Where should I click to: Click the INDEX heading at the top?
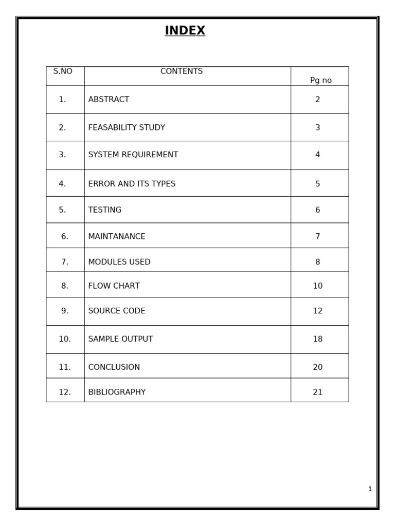click(185, 31)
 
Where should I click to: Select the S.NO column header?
click(63, 71)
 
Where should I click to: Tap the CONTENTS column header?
click(182, 71)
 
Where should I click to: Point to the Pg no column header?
click(320, 80)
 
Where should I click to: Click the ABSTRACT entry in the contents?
click(109, 99)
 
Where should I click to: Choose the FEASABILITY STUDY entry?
click(127, 127)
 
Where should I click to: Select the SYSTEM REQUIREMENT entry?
click(133, 155)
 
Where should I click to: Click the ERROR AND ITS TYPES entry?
click(132, 184)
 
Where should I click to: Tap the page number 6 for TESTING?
click(317, 210)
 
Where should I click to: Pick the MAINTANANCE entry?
click(117, 236)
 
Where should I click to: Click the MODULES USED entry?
click(119, 262)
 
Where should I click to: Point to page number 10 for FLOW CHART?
click(317, 286)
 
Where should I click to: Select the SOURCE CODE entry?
click(117, 311)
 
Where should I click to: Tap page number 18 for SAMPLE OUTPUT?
click(317, 339)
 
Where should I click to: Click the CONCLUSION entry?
click(114, 367)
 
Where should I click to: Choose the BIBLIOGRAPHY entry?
click(117, 392)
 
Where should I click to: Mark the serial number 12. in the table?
click(65, 392)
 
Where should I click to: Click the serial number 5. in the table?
click(62, 210)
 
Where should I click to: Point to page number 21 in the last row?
click(317, 392)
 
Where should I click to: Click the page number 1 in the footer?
click(370, 489)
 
